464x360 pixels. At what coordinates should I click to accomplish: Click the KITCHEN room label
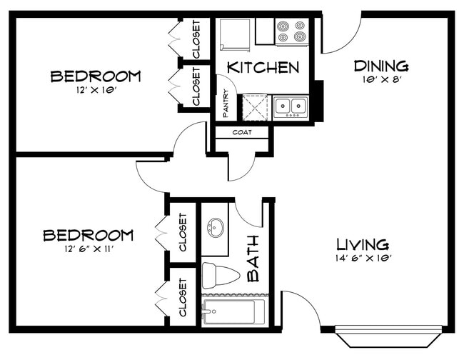coord(263,68)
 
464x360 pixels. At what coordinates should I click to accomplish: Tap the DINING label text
coord(382,66)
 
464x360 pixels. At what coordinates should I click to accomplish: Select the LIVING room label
coord(363,244)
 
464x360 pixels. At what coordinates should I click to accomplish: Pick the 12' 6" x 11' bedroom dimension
coord(88,249)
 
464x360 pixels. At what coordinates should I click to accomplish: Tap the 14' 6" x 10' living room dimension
coord(363,258)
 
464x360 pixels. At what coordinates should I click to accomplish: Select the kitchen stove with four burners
coord(292,32)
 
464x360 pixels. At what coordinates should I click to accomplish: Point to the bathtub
coord(233,311)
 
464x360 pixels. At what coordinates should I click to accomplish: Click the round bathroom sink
coord(214,229)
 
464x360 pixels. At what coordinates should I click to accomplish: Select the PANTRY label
coord(225,104)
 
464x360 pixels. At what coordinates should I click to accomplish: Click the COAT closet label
coord(241,132)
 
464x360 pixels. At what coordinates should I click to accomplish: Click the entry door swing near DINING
coord(339,36)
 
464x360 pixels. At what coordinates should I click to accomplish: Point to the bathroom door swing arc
coord(250,214)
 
